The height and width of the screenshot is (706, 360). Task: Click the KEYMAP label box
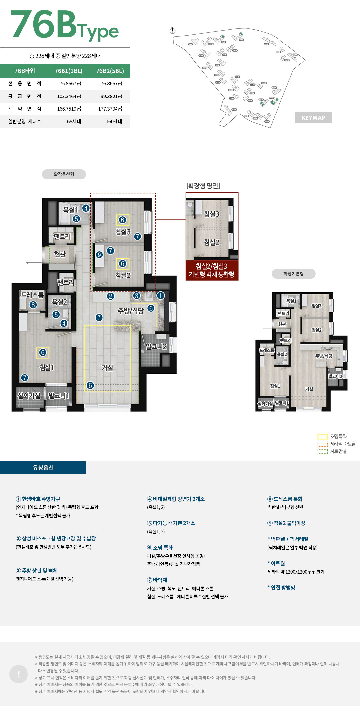click(313, 118)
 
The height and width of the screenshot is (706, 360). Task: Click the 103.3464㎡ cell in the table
click(69, 96)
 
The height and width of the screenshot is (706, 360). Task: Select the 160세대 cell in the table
click(114, 121)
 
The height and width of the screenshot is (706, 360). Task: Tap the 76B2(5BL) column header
click(110, 71)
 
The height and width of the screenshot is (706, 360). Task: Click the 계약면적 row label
click(25, 109)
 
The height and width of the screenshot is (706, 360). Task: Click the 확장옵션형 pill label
click(64, 174)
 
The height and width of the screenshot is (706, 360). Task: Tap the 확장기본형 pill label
click(294, 274)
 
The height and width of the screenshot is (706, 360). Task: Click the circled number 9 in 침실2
click(99, 255)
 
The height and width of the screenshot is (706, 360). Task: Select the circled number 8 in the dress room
click(33, 305)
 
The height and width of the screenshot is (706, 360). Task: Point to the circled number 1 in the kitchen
click(160, 296)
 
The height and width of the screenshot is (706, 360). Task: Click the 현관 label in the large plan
click(60, 254)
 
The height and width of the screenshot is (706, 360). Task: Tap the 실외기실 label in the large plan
click(29, 396)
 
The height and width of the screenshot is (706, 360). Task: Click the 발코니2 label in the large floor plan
click(156, 346)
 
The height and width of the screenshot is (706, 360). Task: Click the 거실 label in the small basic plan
click(309, 389)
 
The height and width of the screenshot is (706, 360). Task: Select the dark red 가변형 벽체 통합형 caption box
click(212, 270)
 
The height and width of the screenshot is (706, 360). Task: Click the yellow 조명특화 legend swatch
click(322, 436)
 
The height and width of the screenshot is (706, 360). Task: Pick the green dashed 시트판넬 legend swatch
click(322, 451)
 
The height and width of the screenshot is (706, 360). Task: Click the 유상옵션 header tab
click(43, 468)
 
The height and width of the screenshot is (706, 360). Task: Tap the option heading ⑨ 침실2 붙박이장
click(286, 523)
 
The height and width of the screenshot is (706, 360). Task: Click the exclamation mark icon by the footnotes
click(19, 674)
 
